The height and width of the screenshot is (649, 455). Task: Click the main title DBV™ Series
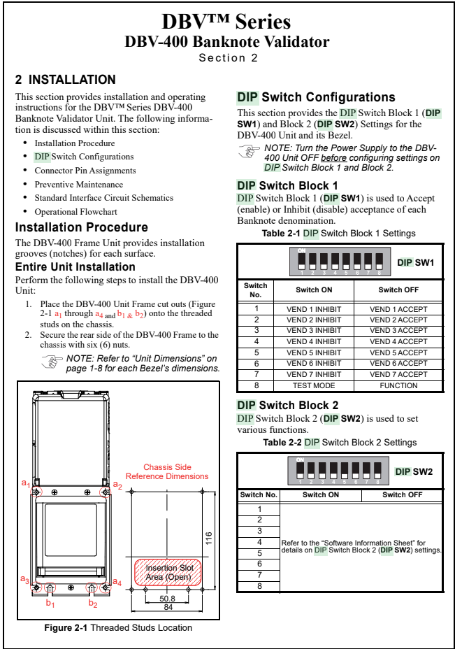226,22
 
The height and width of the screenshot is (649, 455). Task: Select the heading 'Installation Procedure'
82,227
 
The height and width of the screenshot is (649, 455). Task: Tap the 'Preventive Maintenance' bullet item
75,184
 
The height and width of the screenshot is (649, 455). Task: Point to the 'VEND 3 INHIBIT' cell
314,330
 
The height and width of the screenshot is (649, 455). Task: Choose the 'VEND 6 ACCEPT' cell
398,363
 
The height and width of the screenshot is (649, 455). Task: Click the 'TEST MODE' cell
314,385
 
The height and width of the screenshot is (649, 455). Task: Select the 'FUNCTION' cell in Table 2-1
398,385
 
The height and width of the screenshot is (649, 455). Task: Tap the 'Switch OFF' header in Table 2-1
398,290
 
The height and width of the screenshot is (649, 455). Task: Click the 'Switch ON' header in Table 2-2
321,495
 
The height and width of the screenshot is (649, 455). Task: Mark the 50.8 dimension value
168,599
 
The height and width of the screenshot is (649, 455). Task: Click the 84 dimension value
168,607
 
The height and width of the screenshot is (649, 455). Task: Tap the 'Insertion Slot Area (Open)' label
168,572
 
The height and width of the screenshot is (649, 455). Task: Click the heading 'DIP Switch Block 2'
288,405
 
